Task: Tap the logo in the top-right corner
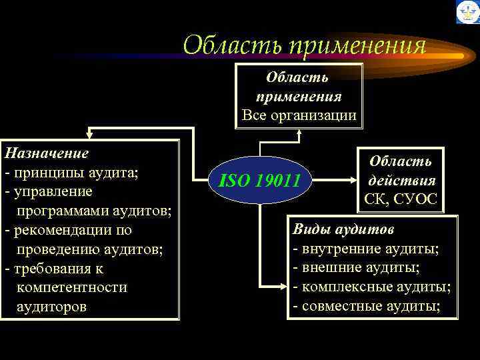pyautogui.click(x=467, y=12)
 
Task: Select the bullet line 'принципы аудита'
pyautogui.click(x=72, y=173)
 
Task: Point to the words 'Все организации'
pyautogui.click(x=299, y=115)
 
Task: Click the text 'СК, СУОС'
pyautogui.click(x=401, y=199)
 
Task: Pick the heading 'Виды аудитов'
pyautogui.click(x=343, y=229)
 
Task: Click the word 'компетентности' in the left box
pyautogui.click(x=71, y=288)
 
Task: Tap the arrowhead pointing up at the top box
pyautogui.click(x=299, y=133)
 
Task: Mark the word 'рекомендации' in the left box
pyautogui.click(x=63, y=231)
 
